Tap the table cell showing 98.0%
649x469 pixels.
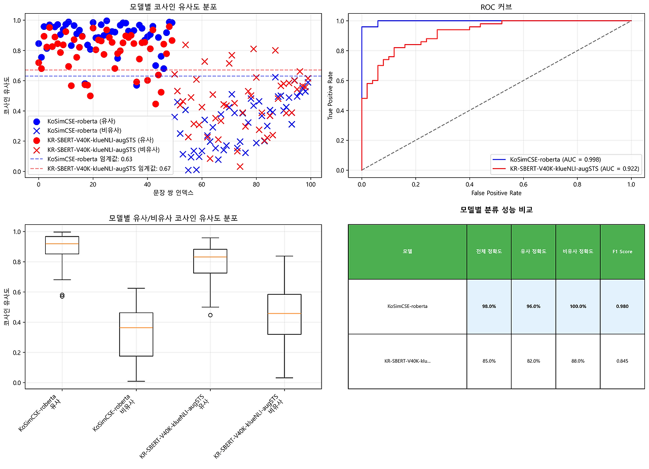coord(489,306)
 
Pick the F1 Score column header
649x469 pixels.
coord(622,251)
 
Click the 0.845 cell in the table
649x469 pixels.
coord(622,361)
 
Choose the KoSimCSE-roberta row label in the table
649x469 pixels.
coord(407,306)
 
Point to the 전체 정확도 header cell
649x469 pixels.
coord(489,251)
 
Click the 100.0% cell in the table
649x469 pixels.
coord(578,306)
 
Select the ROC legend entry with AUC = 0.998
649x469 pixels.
coord(555,159)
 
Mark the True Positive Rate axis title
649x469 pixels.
coord(331,95)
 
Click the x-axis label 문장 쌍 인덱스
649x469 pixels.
coord(172,192)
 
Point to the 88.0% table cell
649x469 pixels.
coord(578,361)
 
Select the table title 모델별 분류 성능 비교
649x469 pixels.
coord(496,209)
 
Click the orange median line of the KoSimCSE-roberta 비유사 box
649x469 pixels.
coord(136,328)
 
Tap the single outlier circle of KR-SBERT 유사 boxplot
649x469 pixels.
coord(210,315)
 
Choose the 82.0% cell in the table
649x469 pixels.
coord(533,361)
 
